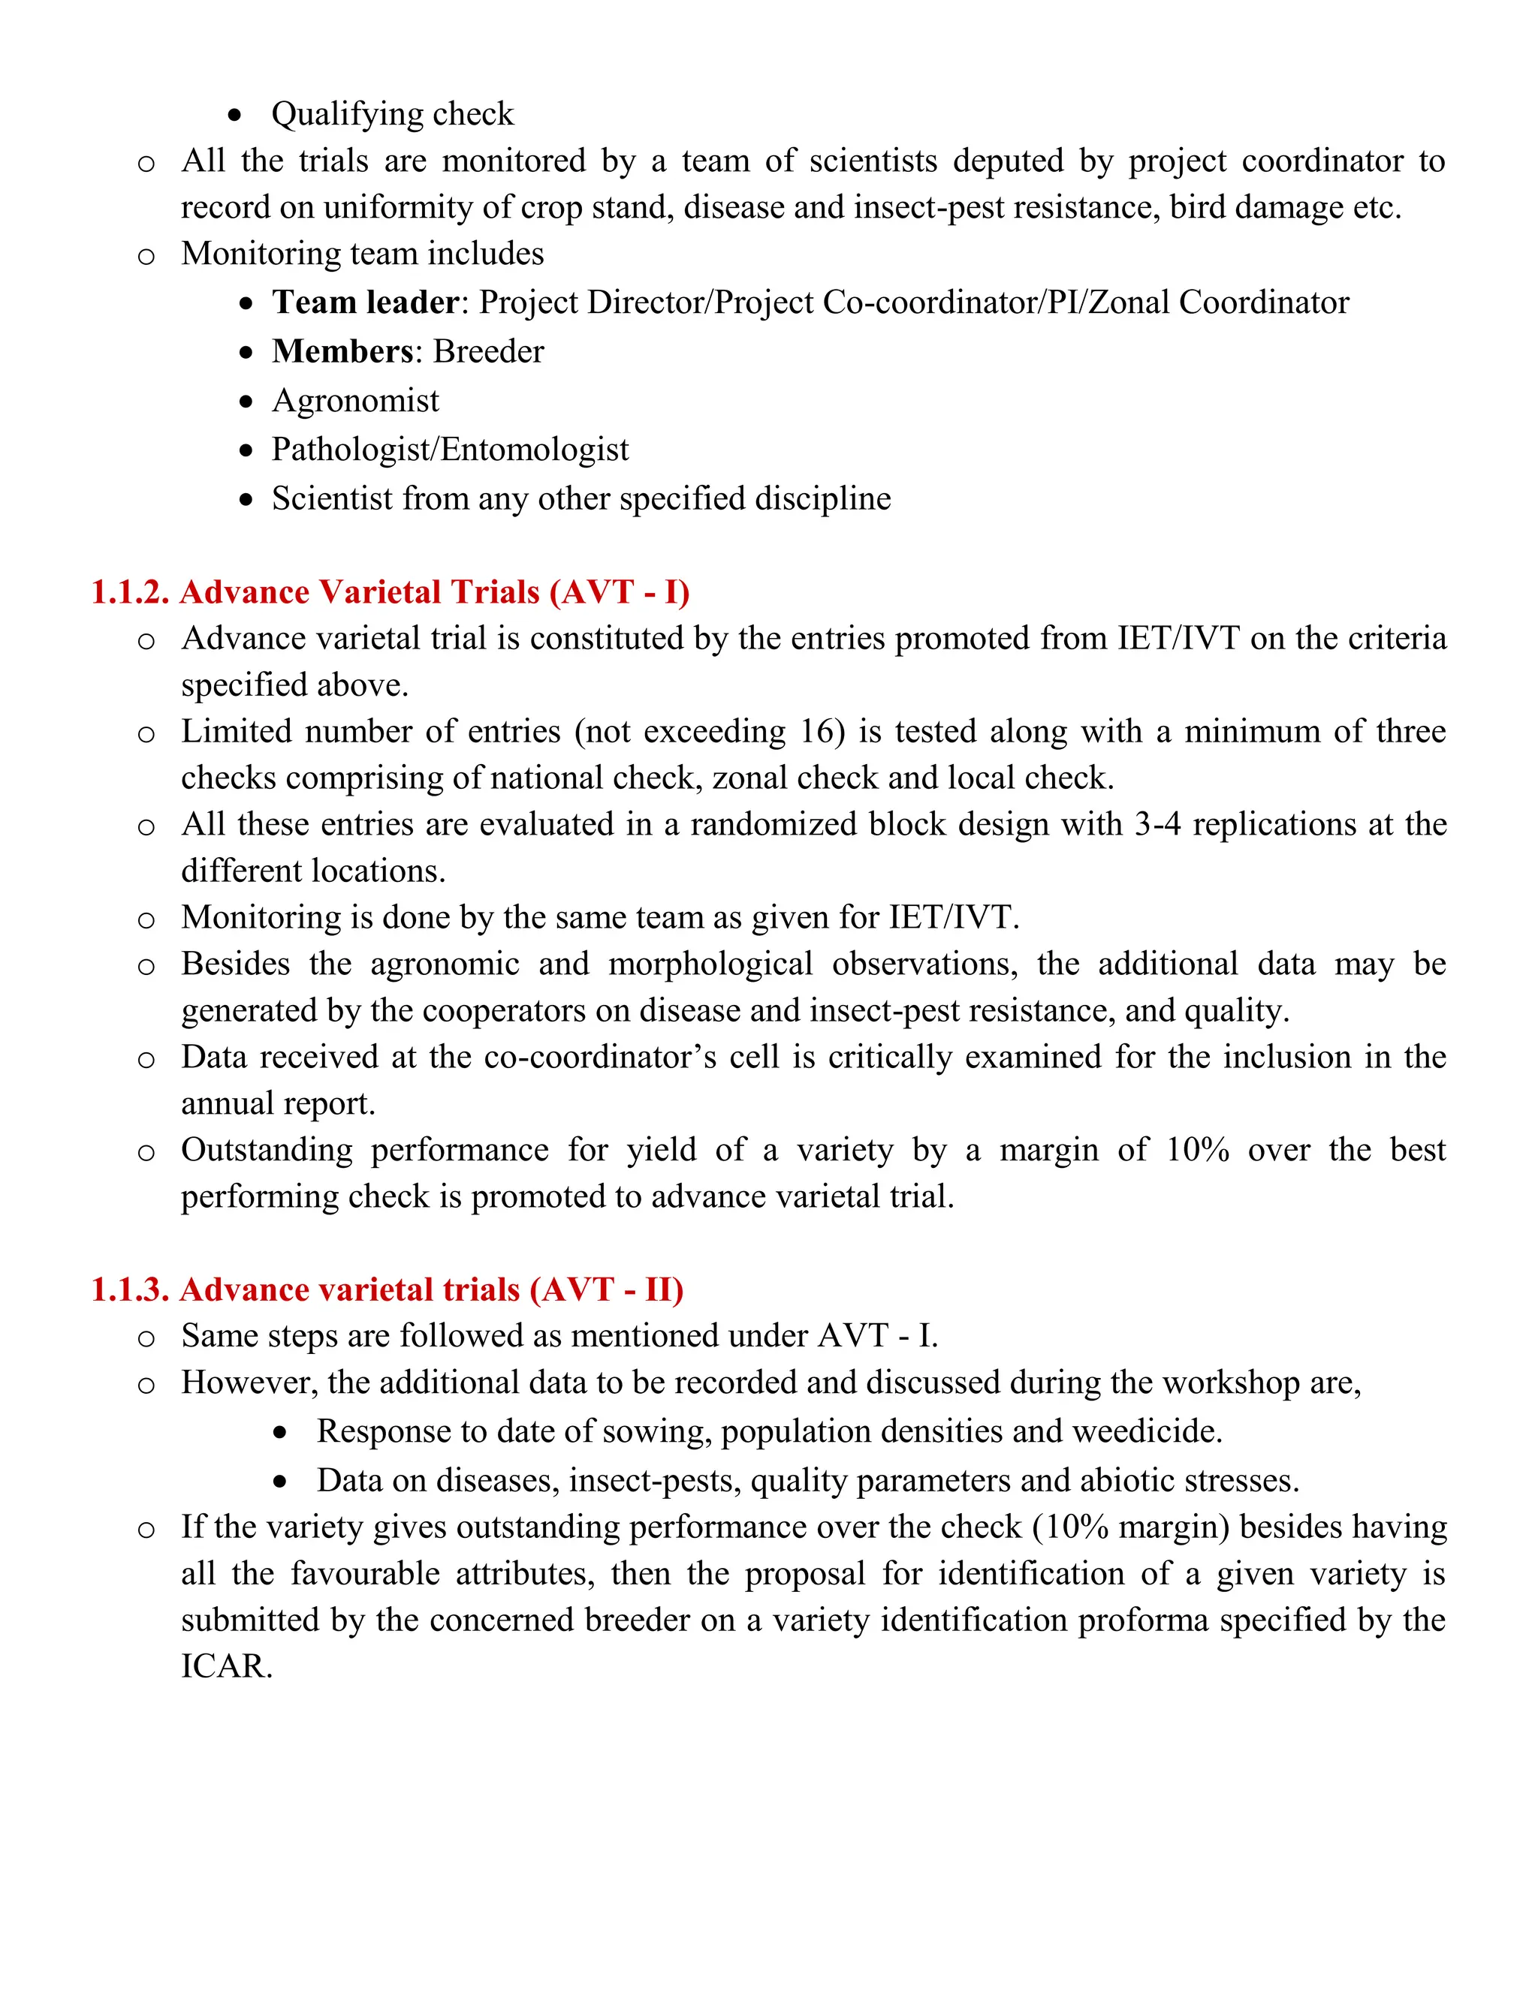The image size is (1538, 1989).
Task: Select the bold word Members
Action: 342,351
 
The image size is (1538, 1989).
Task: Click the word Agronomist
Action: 355,401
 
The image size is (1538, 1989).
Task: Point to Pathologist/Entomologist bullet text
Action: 450,450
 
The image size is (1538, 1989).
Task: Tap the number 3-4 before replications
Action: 1157,824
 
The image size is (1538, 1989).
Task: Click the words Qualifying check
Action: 393,115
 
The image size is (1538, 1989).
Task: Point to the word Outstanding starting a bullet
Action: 266,1150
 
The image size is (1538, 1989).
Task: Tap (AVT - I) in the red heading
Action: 620,593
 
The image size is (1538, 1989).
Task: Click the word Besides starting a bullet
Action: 235,964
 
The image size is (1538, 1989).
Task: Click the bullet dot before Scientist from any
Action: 246,500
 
